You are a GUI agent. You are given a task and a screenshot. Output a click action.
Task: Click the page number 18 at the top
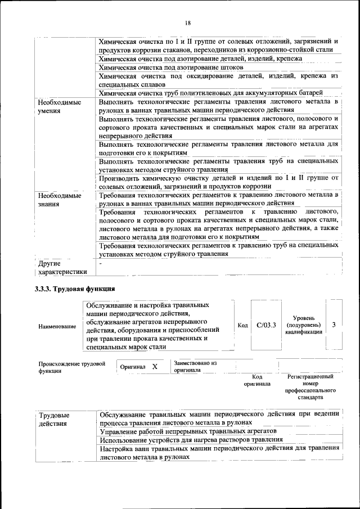click(x=187, y=22)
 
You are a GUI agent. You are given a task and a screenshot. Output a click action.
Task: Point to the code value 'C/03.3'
click(x=265, y=326)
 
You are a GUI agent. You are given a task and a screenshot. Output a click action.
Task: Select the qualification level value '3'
click(x=334, y=326)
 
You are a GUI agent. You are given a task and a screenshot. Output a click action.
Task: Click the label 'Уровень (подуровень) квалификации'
click(x=304, y=325)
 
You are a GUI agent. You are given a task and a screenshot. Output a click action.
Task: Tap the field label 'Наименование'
click(x=57, y=326)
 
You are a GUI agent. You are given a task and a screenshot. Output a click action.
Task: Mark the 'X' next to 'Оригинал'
click(x=155, y=367)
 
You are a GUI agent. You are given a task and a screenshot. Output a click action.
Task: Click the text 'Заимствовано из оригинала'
click(x=195, y=367)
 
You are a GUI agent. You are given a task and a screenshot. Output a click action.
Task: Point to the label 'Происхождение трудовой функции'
click(x=72, y=367)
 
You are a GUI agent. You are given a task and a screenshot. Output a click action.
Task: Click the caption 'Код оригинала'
click(x=257, y=380)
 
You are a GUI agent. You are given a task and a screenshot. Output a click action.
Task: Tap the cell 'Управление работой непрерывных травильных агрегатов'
click(x=196, y=431)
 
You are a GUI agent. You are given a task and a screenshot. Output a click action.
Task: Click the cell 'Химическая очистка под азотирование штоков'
click(x=171, y=67)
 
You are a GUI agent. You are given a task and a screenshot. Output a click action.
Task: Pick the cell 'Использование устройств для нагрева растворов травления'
click(x=191, y=439)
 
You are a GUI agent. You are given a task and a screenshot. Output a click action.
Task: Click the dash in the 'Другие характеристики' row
click(x=100, y=263)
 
